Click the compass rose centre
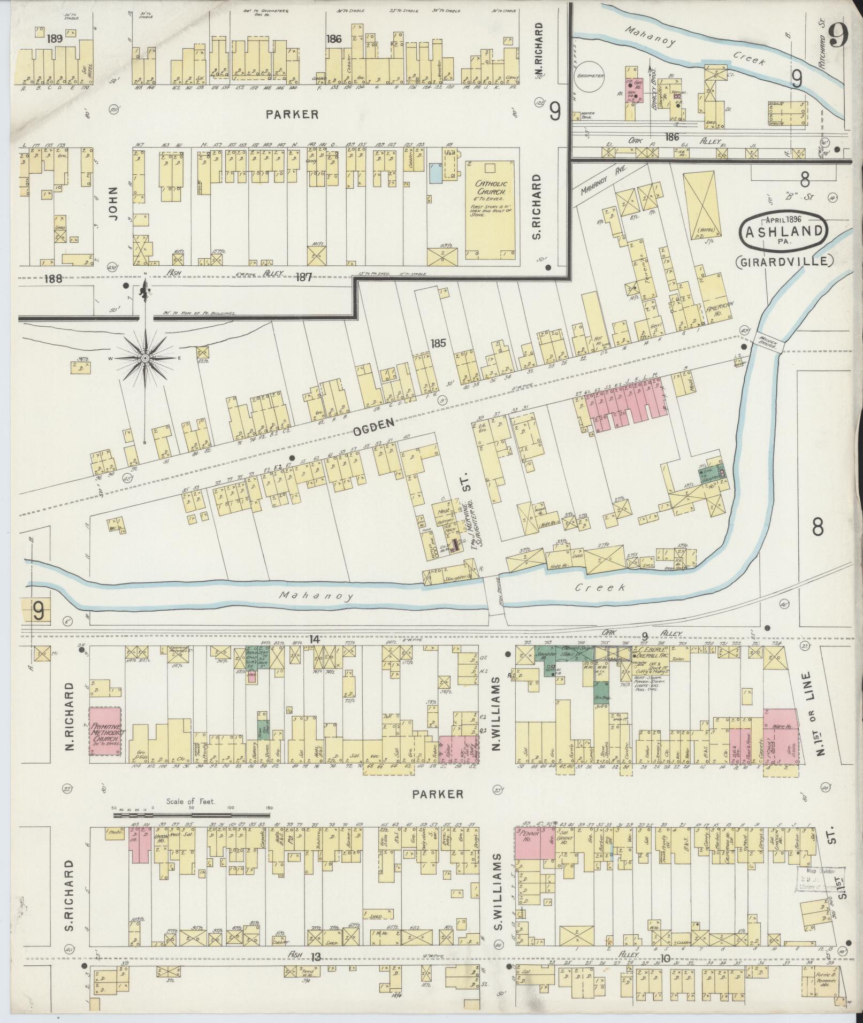145,357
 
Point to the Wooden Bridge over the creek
769,342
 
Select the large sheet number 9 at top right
839,37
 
